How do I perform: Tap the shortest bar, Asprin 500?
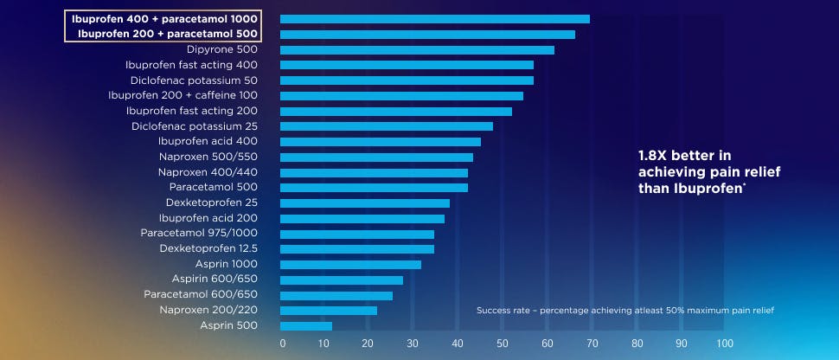click(x=306, y=326)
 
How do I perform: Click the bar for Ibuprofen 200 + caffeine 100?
click(x=401, y=96)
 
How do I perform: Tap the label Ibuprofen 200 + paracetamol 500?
click(x=168, y=34)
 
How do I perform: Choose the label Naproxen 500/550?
click(x=208, y=157)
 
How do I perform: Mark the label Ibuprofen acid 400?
click(x=208, y=141)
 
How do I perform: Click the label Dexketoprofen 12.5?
click(x=208, y=248)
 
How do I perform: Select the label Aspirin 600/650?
click(x=214, y=280)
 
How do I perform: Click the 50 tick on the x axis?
click(x=503, y=344)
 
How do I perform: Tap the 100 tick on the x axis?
click(x=725, y=344)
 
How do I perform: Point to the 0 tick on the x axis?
click(x=283, y=344)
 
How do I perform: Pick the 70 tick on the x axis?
click(x=592, y=344)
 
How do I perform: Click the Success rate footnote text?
click(x=624, y=310)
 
